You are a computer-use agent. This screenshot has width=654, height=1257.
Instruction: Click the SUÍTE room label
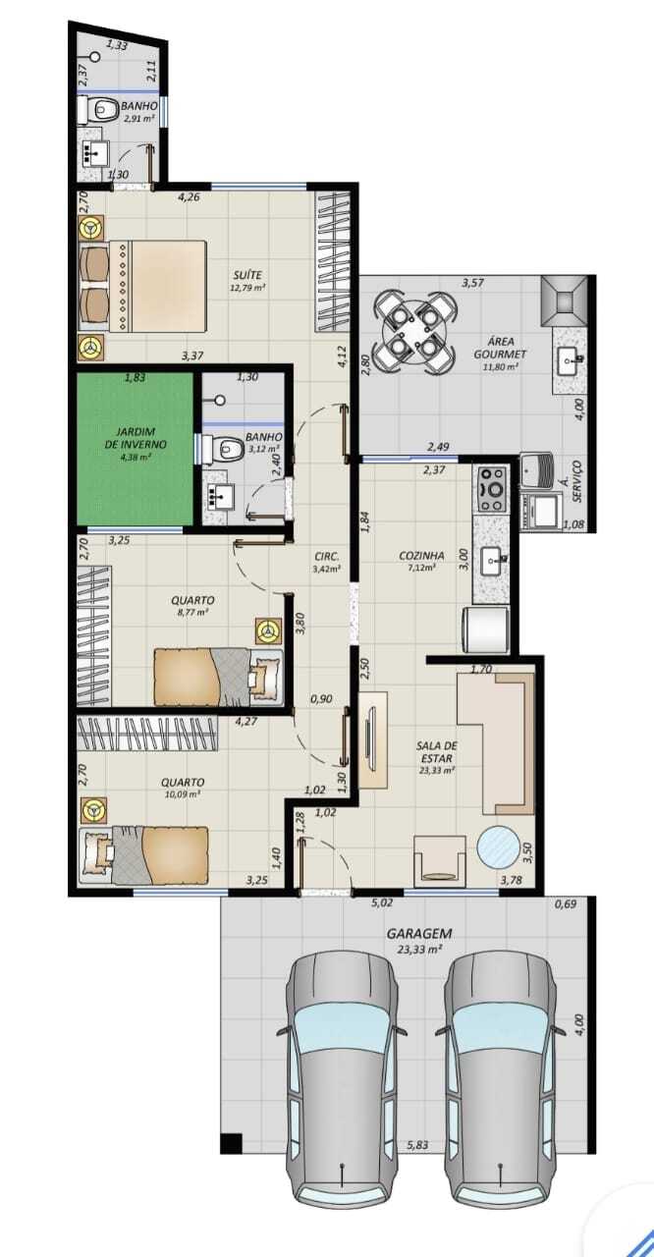tap(247, 275)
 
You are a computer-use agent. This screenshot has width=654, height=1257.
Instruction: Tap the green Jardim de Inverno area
tap(136, 449)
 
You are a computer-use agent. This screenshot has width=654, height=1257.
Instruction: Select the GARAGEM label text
tap(419, 933)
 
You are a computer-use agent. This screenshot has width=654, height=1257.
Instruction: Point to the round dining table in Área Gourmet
tap(414, 332)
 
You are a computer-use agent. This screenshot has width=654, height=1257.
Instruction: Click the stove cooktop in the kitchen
tap(492, 489)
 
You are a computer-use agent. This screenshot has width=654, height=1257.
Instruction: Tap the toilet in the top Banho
tap(98, 108)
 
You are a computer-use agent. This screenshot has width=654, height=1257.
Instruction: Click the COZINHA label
tap(422, 556)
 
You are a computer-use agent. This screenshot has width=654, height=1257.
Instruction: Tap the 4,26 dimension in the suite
tap(189, 197)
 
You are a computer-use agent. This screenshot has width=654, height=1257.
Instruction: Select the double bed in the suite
tap(144, 286)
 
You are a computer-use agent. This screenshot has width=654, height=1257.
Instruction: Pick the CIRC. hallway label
tap(326, 557)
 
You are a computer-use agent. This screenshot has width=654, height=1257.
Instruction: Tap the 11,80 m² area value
tap(500, 367)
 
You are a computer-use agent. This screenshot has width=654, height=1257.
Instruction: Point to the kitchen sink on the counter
tap(494, 560)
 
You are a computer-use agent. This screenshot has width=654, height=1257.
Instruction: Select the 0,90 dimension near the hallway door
tap(321, 699)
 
